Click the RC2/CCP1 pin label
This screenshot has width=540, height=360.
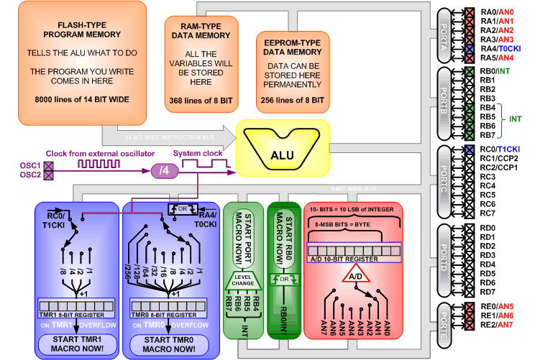(498, 167)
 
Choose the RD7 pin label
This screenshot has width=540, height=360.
(488, 292)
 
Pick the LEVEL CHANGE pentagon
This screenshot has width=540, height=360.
(244, 281)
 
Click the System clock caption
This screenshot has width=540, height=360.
(196, 154)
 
